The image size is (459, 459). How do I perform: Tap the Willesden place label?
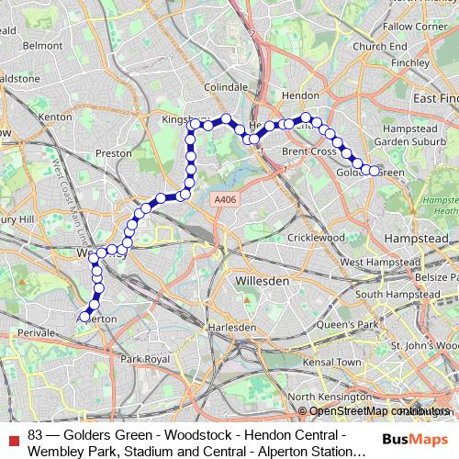(x=260, y=279)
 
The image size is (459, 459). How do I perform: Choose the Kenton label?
(x=56, y=117)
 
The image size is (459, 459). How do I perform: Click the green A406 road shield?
(x=224, y=199)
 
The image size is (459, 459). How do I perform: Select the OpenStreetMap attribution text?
(x=375, y=411)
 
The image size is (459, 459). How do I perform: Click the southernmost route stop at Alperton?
(x=84, y=317)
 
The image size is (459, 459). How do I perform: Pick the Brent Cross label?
(x=308, y=151)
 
